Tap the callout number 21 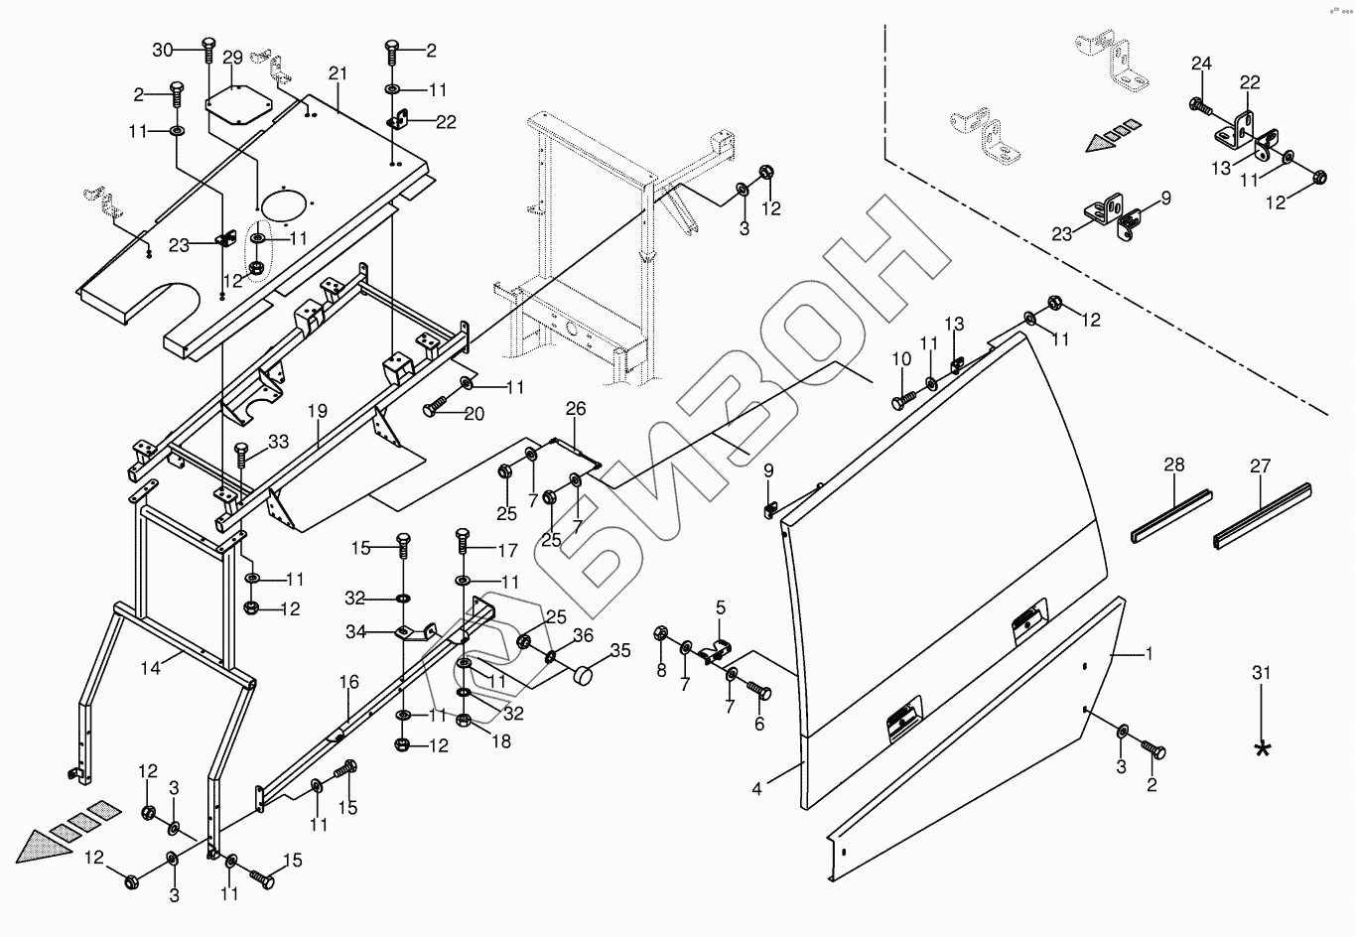coord(339,73)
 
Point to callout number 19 coord(317,410)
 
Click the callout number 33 coord(278,443)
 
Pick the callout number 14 coord(150,668)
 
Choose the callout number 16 coord(348,683)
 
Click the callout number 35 coord(620,652)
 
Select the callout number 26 coord(576,408)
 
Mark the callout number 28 coord(1174,465)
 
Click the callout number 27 coord(1260,465)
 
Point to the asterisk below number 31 coord(1263,748)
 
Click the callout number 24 coord(1202,64)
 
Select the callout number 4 coord(757,790)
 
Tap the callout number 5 coord(721,605)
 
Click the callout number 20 coord(474,414)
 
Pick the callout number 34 coord(355,631)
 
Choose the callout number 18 coord(502,740)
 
